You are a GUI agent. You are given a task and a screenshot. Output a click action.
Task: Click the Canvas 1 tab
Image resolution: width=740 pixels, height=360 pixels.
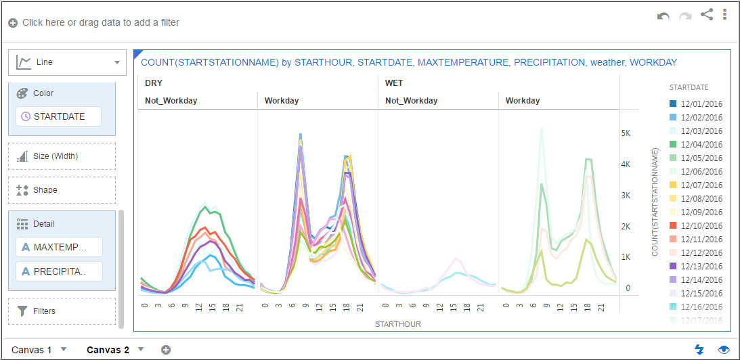[31, 350]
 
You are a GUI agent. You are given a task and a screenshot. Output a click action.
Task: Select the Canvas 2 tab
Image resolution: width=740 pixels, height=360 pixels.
[108, 350]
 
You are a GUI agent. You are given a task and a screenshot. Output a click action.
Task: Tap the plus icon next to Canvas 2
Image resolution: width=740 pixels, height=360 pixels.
[166, 350]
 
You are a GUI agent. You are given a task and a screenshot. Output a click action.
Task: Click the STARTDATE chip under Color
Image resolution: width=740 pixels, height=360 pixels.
[59, 116]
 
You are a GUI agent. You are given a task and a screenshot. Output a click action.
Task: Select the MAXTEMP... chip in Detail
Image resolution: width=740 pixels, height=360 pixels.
[60, 247]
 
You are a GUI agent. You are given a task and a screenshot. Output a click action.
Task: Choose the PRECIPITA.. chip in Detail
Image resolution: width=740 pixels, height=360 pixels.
[60, 271]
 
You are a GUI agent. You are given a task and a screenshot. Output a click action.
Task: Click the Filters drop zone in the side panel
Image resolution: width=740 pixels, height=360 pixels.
[62, 311]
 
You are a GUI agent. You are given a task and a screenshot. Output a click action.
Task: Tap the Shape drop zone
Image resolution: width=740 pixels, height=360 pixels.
[62, 190]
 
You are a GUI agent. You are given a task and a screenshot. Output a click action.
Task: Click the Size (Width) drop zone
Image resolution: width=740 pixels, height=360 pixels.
[62, 156]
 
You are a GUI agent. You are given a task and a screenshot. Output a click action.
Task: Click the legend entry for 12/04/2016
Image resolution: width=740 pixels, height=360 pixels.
[701, 145]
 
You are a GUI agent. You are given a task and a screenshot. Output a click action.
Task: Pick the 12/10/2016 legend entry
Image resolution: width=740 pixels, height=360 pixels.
[701, 226]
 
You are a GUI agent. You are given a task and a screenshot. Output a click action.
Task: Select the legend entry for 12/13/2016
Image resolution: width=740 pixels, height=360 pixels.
[701, 267]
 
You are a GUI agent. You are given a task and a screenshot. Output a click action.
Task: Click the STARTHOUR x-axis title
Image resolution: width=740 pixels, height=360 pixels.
[397, 324]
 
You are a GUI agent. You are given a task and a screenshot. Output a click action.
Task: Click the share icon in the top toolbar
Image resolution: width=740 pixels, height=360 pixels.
[706, 14]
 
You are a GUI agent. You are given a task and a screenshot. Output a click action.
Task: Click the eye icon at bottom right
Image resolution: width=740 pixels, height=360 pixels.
[724, 350]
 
